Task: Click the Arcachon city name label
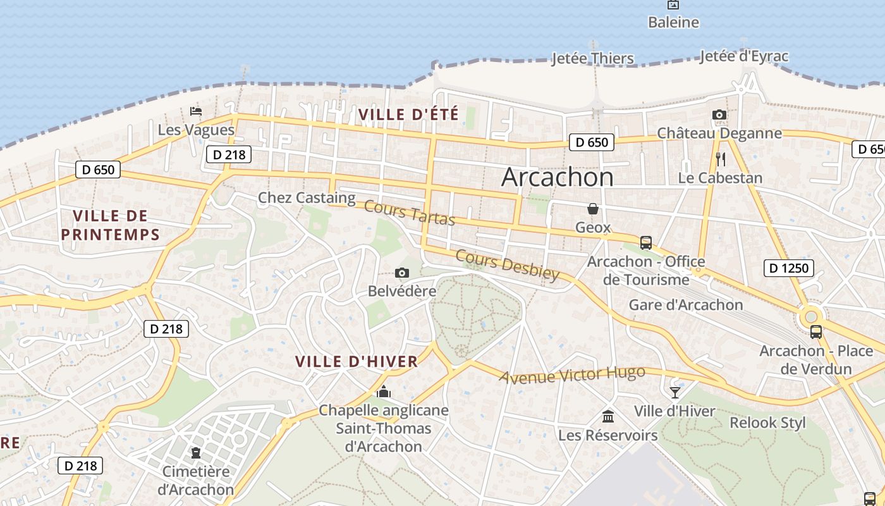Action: click(557, 177)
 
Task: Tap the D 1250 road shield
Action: click(788, 268)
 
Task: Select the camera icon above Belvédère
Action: click(401, 273)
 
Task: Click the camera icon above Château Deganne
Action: click(719, 115)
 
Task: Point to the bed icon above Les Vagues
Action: click(196, 111)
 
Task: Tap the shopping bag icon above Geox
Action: click(593, 209)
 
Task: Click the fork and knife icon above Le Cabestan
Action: click(720, 159)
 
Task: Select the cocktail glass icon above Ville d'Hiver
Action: click(675, 393)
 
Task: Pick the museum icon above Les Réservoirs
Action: click(608, 416)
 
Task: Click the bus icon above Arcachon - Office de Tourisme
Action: click(645, 242)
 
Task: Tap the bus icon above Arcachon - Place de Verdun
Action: click(816, 331)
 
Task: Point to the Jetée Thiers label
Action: click(592, 59)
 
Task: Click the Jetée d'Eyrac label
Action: click(744, 56)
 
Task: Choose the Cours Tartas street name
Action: click(410, 213)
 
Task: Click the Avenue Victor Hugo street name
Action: click(572, 374)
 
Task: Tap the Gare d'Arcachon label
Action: click(686, 305)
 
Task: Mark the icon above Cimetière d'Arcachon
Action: click(196, 453)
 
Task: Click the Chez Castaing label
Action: click(307, 198)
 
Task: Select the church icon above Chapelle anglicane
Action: click(383, 392)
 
